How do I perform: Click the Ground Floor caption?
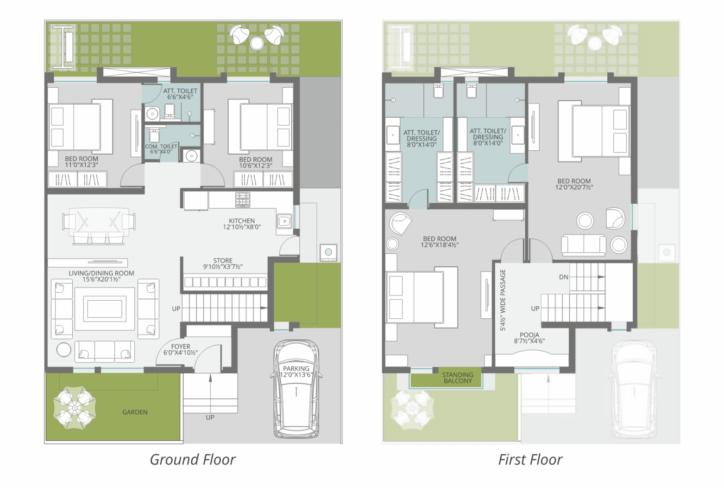tap(193, 460)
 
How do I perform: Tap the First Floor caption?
tap(530, 460)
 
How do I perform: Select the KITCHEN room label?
tap(242, 224)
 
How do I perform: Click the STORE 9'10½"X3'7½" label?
tap(223, 264)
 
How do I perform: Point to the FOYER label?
tap(181, 349)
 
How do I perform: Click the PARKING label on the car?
tap(296, 372)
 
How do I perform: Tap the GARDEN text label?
tap(135, 412)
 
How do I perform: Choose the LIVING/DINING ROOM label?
tap(101, 276)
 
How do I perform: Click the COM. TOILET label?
tap(161, 149)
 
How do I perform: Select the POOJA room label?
tap(529, 338)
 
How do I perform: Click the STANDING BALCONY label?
tap(458, 378)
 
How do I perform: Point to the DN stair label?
tap(564, 277)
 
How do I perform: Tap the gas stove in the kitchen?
tap(243, 199)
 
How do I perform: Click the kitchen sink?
tap(284, 221)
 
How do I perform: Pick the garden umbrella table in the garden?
tap(75, 407)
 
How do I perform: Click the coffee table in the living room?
tap(104, 309)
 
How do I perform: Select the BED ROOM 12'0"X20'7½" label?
tap(574, 184)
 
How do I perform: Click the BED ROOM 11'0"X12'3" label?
tap(82, 162)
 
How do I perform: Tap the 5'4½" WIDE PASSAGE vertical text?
tap(503, 300)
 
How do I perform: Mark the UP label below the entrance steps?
tap(210, 417)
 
